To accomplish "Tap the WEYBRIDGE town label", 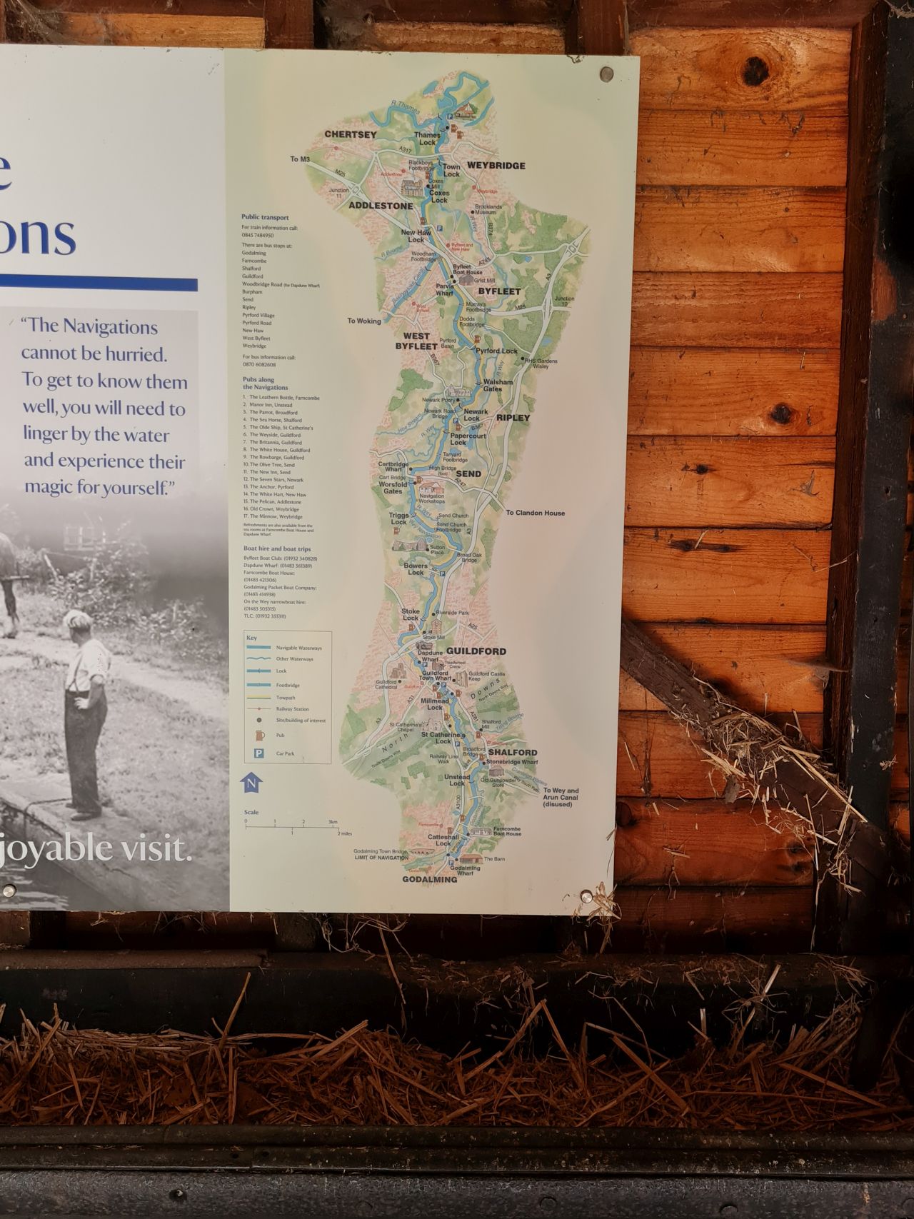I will pyautogui.click(x=496, y=166).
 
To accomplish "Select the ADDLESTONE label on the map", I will pyautogui.click(x=381, y=206).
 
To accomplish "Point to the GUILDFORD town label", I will pyautogui.click(x=476, y=651).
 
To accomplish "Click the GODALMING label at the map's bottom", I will pyautogui.click(x=429, y=880).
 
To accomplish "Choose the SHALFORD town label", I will pyautogui.click(x=513, y=753).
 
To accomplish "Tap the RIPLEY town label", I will pyautogui.click(x=513, y=418).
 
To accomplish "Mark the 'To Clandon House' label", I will pyautogui.click(x=536, y=513).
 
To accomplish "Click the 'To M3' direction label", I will pyautogui.click(x=299, y=159).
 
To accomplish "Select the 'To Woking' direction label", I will pyautogui.click(x=364, y=321).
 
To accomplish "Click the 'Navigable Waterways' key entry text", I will pyautogui.click(x=299, y=648).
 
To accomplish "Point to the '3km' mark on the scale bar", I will pyautogui.click(x=332, y=823).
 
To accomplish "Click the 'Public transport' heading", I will pyautogui.click(x=264, y=216).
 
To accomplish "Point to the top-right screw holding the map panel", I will pyautogui.click(x=606, y=73).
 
